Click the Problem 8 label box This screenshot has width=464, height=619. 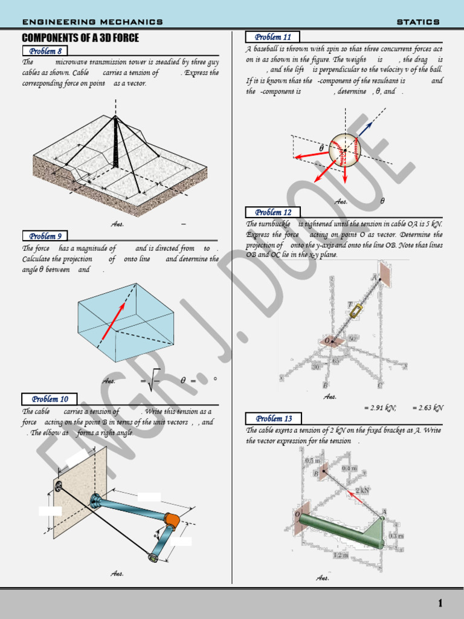(45, 51)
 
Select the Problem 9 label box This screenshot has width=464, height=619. (45, 236)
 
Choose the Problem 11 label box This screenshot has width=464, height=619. (272, 37)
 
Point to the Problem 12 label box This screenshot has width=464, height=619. (272, 212)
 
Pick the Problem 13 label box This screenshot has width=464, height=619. (273, 418)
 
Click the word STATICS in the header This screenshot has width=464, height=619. (418, 22)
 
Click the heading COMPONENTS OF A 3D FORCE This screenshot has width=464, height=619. (80, 38)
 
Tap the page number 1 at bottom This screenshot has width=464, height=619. (440, 603)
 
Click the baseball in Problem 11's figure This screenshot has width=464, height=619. (344, 150)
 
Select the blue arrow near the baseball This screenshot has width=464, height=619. (365, 128)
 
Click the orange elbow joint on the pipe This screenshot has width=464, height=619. (172, 519)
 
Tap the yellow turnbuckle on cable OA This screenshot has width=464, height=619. (355, 311)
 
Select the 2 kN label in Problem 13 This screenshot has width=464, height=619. (362, 490)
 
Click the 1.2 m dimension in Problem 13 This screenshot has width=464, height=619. (341, 554)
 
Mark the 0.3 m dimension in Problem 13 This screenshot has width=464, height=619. (396, 536)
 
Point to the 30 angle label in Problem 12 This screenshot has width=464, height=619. (316, 367)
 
